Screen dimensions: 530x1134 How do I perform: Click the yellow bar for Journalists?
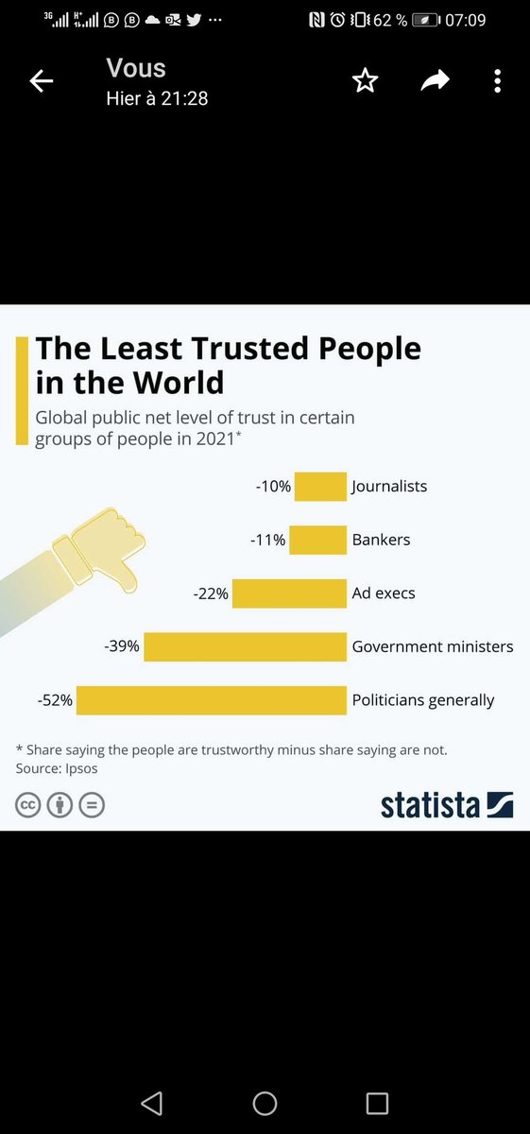pos(320,486)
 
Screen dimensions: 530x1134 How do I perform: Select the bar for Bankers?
pos(317,540)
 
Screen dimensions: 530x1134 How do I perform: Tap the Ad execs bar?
pos(289,593)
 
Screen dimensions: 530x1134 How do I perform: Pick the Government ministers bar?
pos(245,646)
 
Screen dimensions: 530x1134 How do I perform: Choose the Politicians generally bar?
pos(212,700)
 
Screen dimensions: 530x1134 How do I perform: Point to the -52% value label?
pos(55,700)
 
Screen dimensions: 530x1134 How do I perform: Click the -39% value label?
pos(122,646)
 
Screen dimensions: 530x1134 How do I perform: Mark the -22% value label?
pos(211,593)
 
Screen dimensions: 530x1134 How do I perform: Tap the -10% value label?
pos(273,487)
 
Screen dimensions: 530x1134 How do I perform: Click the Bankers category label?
pos(381,540)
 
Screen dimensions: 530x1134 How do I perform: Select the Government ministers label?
pos(433,646)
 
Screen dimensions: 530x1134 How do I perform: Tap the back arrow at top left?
pos(41,81)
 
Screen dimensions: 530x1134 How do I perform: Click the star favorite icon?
pos(365,81)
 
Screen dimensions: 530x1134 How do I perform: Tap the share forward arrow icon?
pos(436,80)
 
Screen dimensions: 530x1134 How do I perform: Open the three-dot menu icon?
pos(498,81)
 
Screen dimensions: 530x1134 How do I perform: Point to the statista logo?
pos(447,805)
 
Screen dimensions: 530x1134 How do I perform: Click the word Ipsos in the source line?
pos(81,769)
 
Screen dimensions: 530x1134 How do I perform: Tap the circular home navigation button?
pos(265,1104)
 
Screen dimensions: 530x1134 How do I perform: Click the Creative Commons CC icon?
pos(27,805)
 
